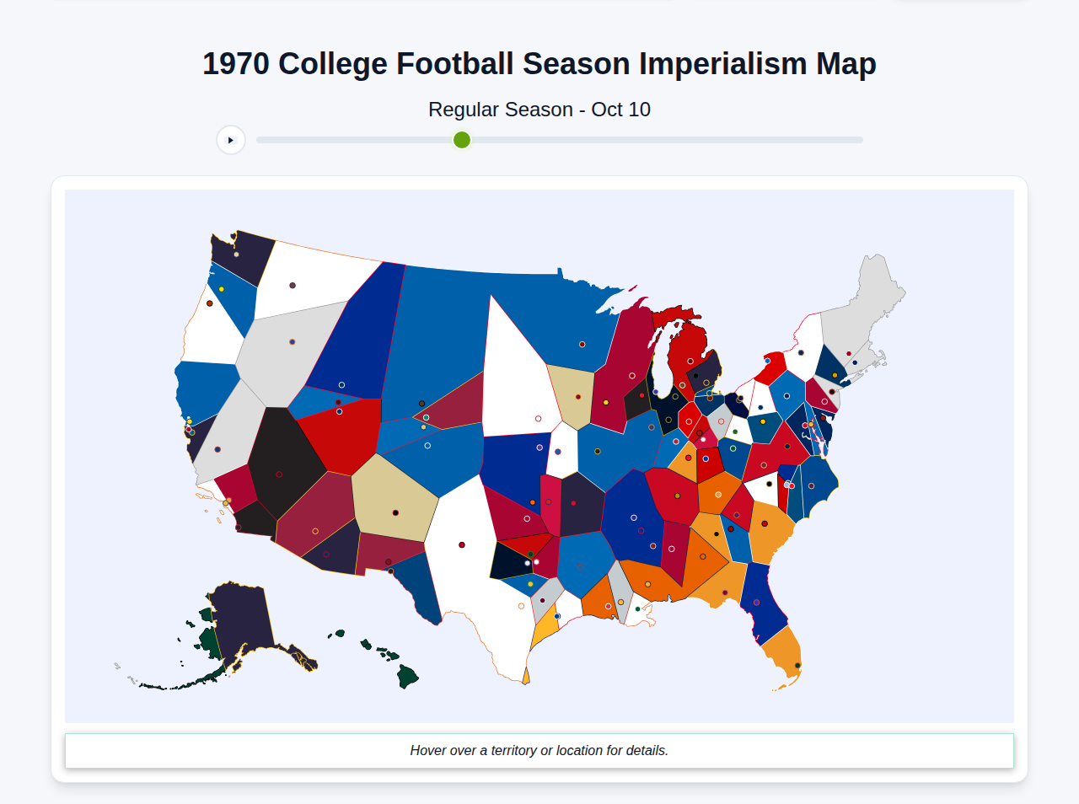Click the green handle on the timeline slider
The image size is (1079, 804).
click(x=461, y=140)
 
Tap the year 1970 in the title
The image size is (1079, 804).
click(x=236, y=64)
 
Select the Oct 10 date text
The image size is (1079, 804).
click(x=620, y=110)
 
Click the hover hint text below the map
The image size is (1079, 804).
click(x=539, y=750)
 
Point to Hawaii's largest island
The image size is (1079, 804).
click(x=408, y=676)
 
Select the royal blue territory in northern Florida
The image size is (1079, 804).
click(x=763, y=603)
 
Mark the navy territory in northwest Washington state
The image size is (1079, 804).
click(x=244, y=253)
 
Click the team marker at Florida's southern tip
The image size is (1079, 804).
click(x=797, y=666)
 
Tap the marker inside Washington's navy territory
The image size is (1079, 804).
click(x=237, y=255)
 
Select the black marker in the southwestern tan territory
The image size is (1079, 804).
click(x=395, y=512)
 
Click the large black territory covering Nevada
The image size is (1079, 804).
click(x=278, y=459)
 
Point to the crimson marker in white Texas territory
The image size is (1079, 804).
click(x=462, y=545)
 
